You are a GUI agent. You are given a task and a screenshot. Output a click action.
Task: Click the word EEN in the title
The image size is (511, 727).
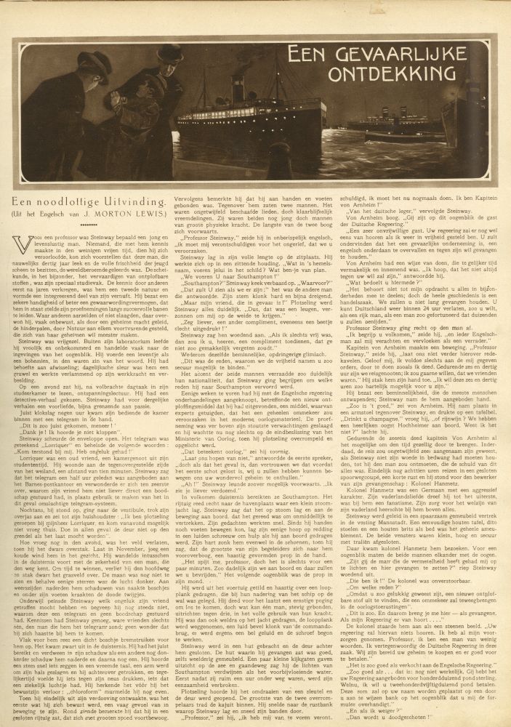(x=307, y=55)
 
